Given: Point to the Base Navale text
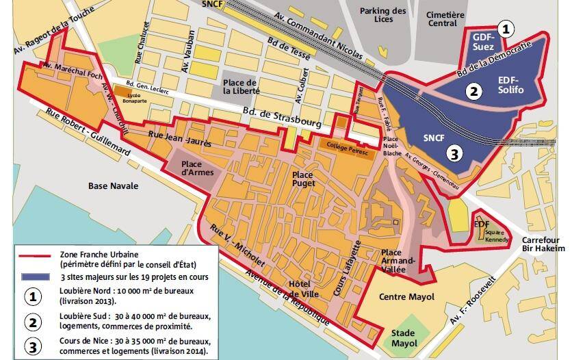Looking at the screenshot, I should point(113,185).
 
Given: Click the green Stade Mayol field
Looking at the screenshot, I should point(408,335).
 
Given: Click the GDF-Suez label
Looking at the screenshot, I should point(484,42).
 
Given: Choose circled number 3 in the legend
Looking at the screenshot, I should point(32,346).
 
